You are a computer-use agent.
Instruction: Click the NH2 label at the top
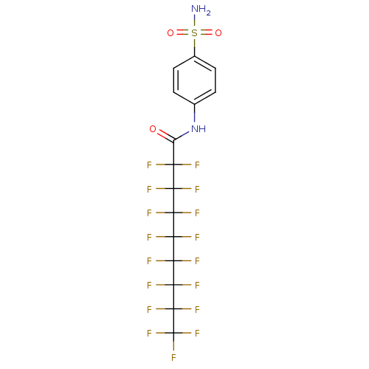tap(199, 10)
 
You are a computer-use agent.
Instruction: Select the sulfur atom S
tap(194, 33)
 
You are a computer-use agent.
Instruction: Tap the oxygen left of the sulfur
tap(170, 33)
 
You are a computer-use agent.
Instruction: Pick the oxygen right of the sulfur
tap(218, 33)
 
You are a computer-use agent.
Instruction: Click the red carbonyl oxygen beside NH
tap(153, 129)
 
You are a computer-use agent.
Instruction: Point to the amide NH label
tap(198, 129)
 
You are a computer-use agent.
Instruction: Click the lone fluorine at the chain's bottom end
tap(173, 358)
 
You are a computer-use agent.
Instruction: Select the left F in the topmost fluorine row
tap(149, 165)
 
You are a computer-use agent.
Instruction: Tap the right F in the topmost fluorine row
tap(197, 165)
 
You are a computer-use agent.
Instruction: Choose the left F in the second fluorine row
tap(149, 190)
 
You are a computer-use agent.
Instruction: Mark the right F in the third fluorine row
tap(197, 213)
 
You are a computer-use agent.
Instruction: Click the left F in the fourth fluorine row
tap(149, 238)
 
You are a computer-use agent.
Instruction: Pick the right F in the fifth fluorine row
tap(197, 261)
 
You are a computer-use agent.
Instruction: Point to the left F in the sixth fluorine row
tap(149, 286)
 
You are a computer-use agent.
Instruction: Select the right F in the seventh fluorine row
tap(197, 309)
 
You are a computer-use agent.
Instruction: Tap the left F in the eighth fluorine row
tap(149, 334)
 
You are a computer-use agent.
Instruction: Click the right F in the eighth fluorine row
tap(197, 334)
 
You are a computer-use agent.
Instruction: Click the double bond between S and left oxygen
tap(182, 33)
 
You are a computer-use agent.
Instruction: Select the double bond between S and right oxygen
tap(206, 33)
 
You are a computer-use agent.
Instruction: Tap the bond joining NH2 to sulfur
tap(194, 21)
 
